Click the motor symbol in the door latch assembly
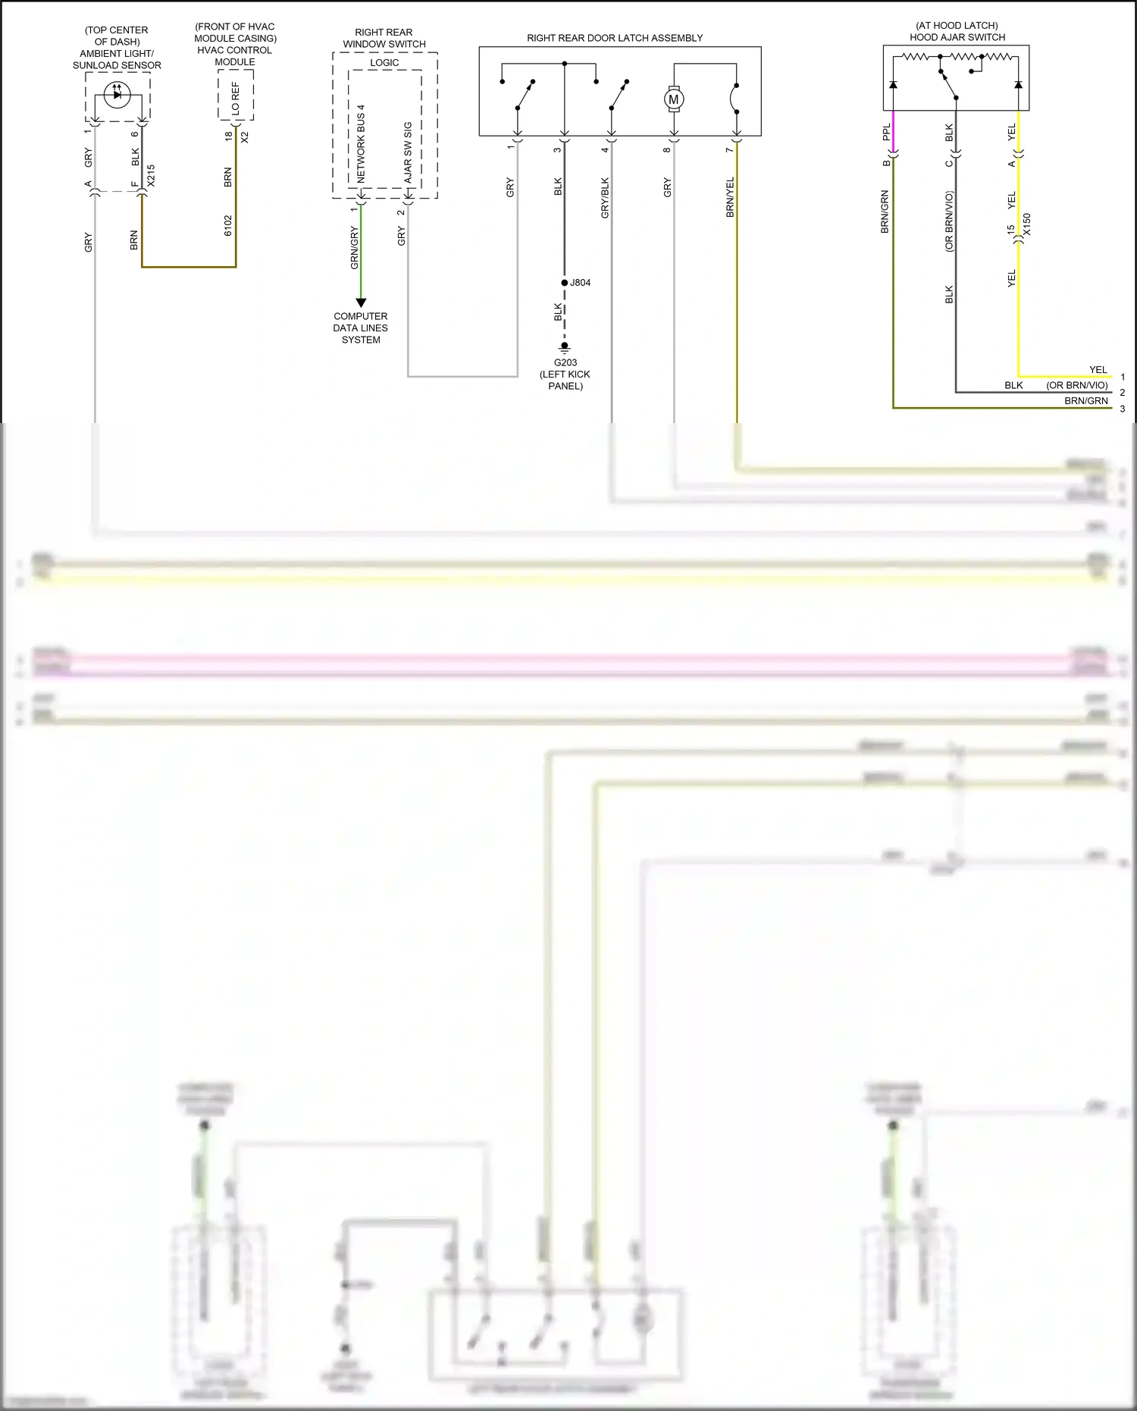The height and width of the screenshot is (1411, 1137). tap(673, 99)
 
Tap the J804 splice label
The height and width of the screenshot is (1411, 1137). tap(581, 283)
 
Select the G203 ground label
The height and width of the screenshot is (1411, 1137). tap(565, 362)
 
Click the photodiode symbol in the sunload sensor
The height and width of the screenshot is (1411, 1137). tap(117, 94)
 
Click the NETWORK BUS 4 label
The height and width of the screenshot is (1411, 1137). tap(361, 143)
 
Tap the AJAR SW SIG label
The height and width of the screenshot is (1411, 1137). tap(408, 152)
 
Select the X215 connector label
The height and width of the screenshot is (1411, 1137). tap(151, 176)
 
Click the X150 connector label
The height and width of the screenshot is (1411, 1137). tap(1027, 224)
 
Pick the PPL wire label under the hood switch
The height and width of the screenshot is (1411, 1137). tap(886, 133)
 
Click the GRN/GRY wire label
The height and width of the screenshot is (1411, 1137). tap(354, 247)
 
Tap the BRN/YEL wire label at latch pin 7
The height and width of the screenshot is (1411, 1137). tap(730, 198)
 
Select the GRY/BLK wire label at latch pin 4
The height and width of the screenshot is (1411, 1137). tap(605, 198)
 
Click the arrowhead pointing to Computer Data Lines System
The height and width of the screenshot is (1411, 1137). tap(361, 303)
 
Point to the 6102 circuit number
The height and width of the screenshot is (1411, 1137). tap(228, 225)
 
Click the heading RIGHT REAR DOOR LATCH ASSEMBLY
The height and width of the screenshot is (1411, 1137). tap(615, 38)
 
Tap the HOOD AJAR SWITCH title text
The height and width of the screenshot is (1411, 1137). tap(957, 37)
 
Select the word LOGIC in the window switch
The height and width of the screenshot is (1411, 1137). tap(384, 63)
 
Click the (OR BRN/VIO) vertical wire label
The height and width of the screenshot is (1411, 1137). tap(949, 221)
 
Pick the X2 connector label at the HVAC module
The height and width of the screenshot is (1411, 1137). tap(244, 137)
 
